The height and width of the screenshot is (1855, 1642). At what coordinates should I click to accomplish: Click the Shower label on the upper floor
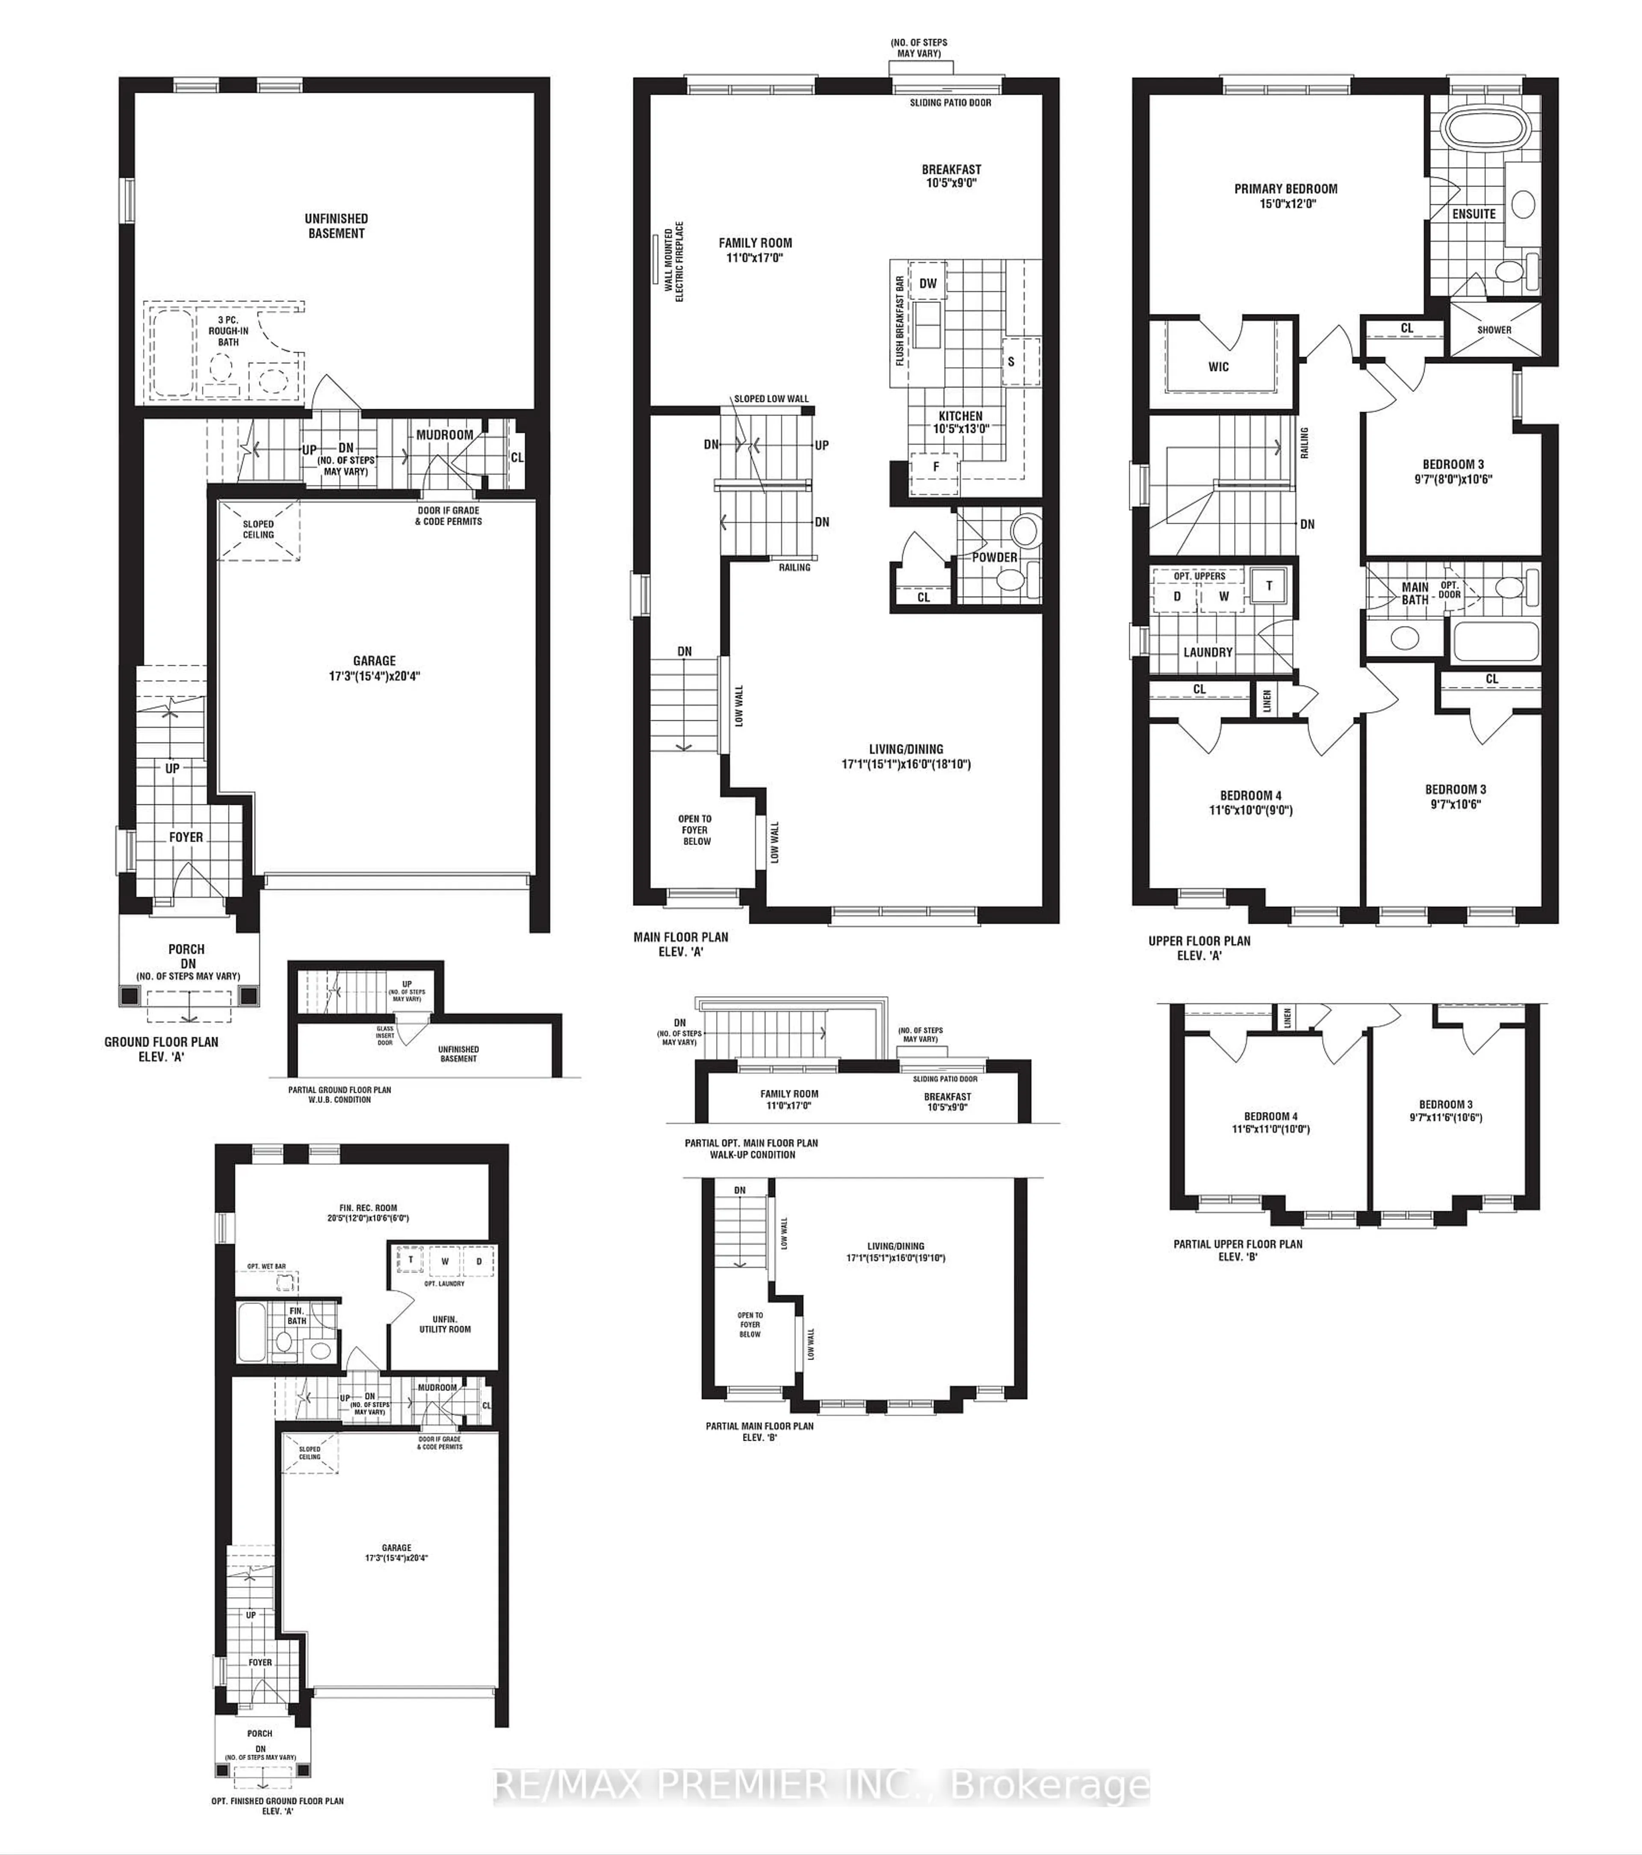(x=1494, y=330)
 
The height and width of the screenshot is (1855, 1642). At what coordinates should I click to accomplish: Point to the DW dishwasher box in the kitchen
(x=927, y=283)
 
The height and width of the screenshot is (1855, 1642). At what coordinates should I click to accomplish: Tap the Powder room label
(x=995, y=557)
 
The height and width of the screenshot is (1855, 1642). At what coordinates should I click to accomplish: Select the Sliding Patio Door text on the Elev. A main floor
(x=950, y=103)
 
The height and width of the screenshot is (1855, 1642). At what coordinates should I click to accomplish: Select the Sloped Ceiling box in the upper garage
(x=259, y=529)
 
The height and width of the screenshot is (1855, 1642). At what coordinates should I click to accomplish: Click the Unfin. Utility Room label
(x=445, y=1324)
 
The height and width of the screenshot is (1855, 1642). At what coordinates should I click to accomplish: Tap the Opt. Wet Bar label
(x=267, y=1266)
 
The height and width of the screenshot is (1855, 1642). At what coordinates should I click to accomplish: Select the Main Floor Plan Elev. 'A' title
(x=681, y=944)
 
